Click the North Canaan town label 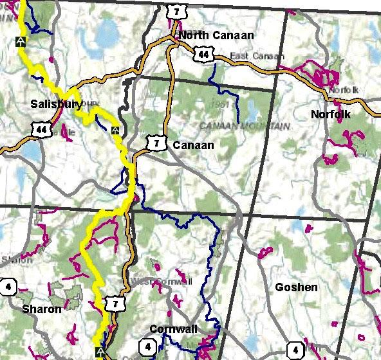[x=216, y=35]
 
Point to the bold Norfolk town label [x=330, y=114]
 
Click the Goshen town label [x=296, y=287]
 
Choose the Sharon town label [x=42, y=309]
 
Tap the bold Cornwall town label [x=173, y=328]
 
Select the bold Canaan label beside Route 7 [x=193, y=146]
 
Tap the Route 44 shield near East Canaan [x=204, y=56]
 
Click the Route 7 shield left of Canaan [x=154, y=143]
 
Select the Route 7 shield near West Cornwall [x=115, y=303]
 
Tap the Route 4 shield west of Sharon [x=8, y=287]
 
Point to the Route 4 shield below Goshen [x=295, y=350]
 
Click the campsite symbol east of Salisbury [x=115, y=131]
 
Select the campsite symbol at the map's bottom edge [x=100, y=352]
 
